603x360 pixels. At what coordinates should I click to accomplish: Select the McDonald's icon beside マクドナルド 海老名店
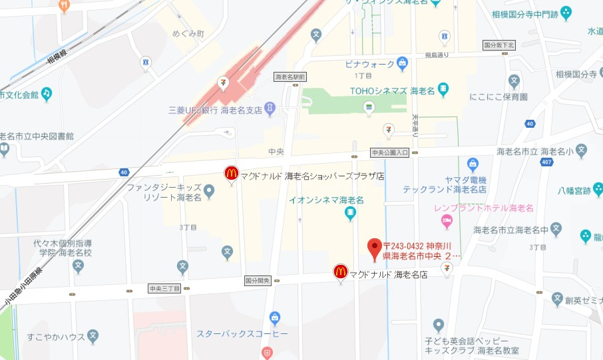tap(341, 271)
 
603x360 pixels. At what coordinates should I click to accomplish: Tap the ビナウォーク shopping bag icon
tap(402, 65)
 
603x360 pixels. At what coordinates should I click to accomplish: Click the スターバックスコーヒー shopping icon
tap(275, 318)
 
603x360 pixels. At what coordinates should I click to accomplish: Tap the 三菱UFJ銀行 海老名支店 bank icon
tap(270, 107)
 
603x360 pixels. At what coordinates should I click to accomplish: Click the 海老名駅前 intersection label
tap(290, 77)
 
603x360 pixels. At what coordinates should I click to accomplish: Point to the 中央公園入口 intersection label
tap(389, 152)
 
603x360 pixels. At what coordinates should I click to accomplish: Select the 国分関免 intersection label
tap(258, 280)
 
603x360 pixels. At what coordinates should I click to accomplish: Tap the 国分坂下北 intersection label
tap(499, 45)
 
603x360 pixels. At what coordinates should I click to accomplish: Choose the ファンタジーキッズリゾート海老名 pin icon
tap(209, 192)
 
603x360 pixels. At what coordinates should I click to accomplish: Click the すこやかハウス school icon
tap(93, 337)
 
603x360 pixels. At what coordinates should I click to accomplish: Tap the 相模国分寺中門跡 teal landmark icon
tap(566, 12)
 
